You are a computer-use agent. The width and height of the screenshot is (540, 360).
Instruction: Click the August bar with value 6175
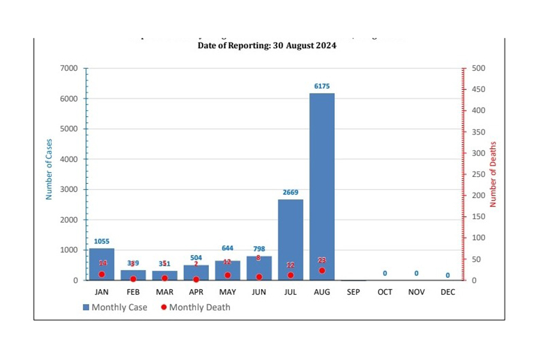pos(322,187)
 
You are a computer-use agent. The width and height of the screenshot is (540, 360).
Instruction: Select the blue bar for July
pos(290,239)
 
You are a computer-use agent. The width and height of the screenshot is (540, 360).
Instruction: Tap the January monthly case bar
pos(101,264)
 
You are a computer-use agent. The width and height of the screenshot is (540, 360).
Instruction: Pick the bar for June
pos(259,268)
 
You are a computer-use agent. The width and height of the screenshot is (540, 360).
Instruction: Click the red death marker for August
pos(322,271)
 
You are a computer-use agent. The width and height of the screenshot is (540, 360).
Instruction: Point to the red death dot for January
pos(101,274)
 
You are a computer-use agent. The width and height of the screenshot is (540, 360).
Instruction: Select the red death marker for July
pos(290,275)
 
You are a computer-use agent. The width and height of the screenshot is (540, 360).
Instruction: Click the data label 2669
pos(290,193)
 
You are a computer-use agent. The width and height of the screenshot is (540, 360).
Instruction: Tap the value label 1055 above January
pos(101,241)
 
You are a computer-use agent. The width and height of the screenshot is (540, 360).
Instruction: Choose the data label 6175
pos(322,86)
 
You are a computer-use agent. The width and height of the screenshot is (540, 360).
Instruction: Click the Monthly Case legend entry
pos(115,307)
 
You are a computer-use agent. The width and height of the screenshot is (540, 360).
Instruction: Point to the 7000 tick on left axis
pos(70,68)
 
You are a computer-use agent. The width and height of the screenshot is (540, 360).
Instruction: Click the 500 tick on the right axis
pos(479,68)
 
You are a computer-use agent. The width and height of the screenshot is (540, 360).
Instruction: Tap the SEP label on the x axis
pos(353,292)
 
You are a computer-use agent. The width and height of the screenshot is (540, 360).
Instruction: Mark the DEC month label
pos(448,292)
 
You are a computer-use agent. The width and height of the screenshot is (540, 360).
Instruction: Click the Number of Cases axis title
pos(49,169)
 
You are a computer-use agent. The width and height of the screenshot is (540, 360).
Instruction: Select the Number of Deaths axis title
pos(493,174)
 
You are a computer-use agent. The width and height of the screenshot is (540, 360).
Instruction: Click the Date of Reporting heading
pos(267,46)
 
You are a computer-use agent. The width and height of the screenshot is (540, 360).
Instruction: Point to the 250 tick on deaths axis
pos(479,175)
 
